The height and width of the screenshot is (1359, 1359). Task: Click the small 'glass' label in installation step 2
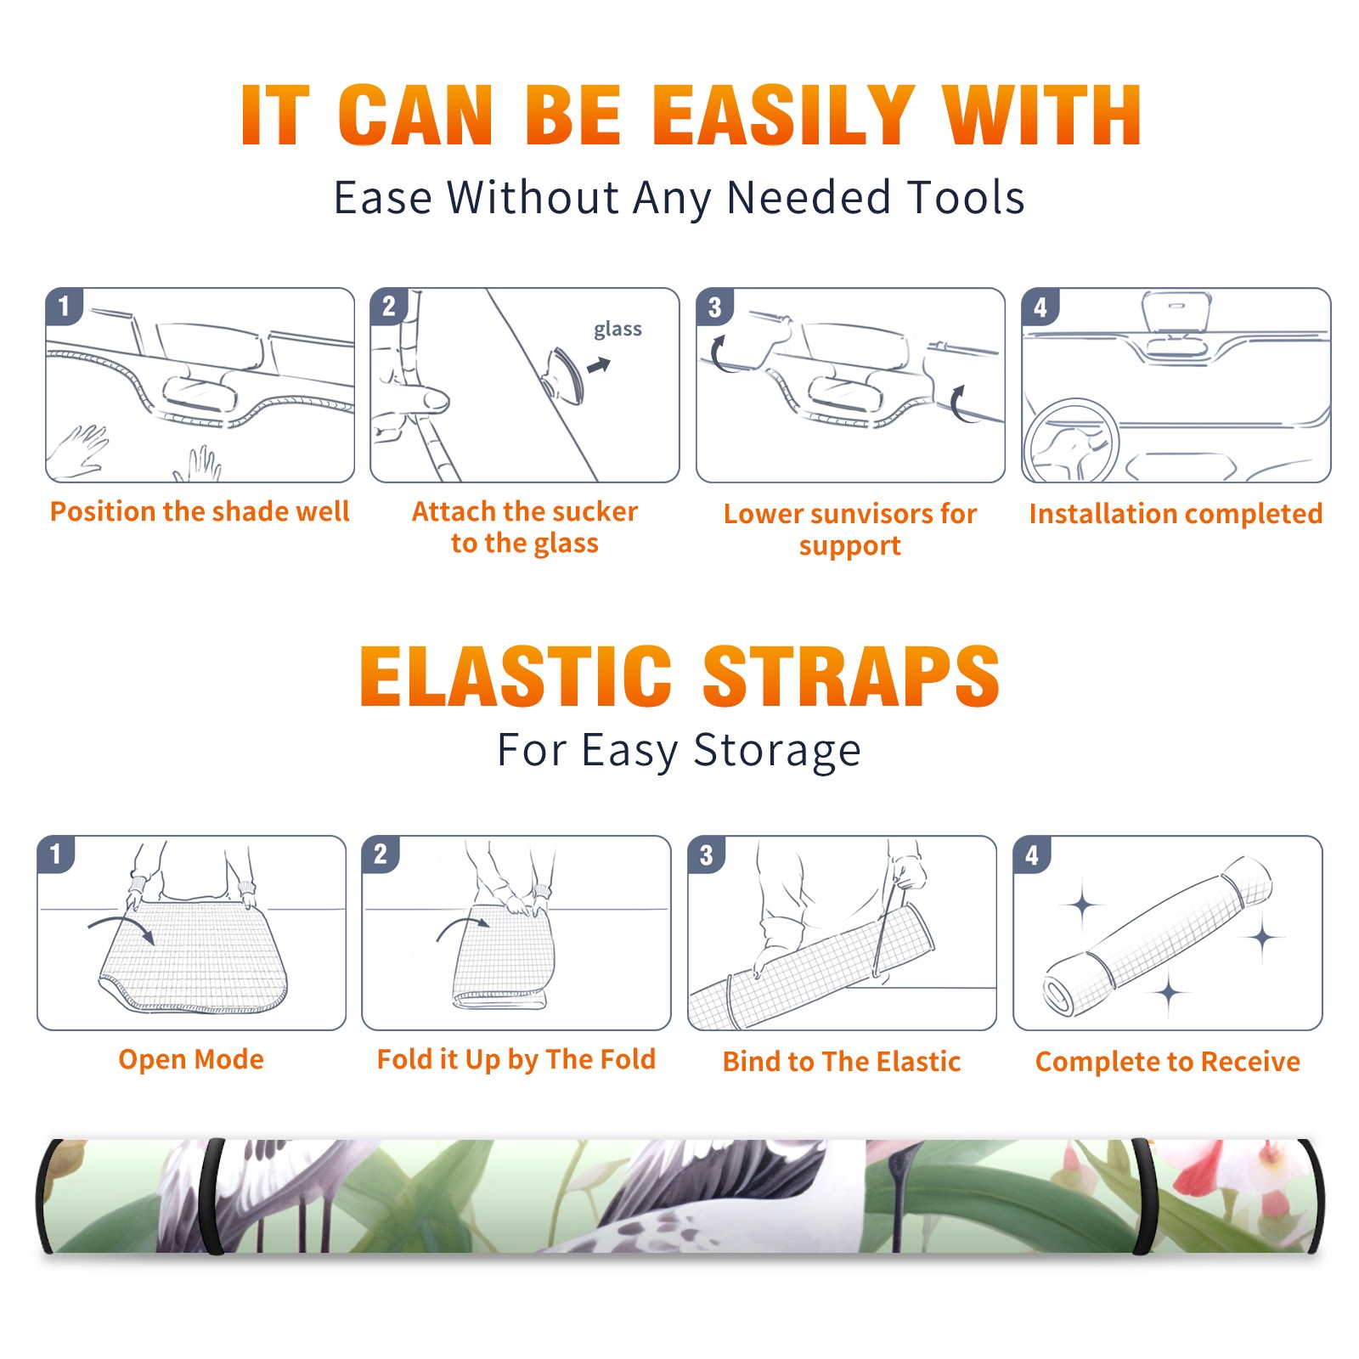[x=617, y=330]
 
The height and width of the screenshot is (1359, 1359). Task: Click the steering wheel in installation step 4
[x=1070, y=442]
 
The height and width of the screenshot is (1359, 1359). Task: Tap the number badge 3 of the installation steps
[x=714, y=307]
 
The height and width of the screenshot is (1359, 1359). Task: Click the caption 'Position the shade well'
[x=200, y=511]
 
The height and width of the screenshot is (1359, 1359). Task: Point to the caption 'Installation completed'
[x=1176, y=513]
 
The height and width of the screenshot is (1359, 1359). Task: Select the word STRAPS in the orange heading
[x=851, y=676]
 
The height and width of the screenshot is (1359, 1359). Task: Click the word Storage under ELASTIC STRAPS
[x=777, y=751]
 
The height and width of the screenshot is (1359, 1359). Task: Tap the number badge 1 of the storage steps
[x=55, y=854]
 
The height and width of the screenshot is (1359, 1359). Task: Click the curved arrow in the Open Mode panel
[x=124, y=925]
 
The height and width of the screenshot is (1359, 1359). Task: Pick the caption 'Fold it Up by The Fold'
[x=516, y=1059]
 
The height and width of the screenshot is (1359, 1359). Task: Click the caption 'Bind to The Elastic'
[x=842, y=1062]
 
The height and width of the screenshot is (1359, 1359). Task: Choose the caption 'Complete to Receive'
[x=1168, y=1062]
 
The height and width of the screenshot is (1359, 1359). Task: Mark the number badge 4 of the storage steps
[x=1032, y=854]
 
